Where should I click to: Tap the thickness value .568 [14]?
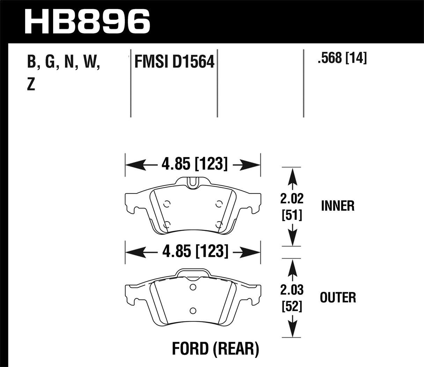tap(342, 58)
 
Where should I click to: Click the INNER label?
tap(337, 206)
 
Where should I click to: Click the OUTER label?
tap(338, 298)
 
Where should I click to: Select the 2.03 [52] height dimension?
tap(292, 298)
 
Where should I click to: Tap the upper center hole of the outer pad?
tap(192, 287)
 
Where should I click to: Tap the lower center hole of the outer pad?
tap(192, 310)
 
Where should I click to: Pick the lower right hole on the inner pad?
tap(219, 224)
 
